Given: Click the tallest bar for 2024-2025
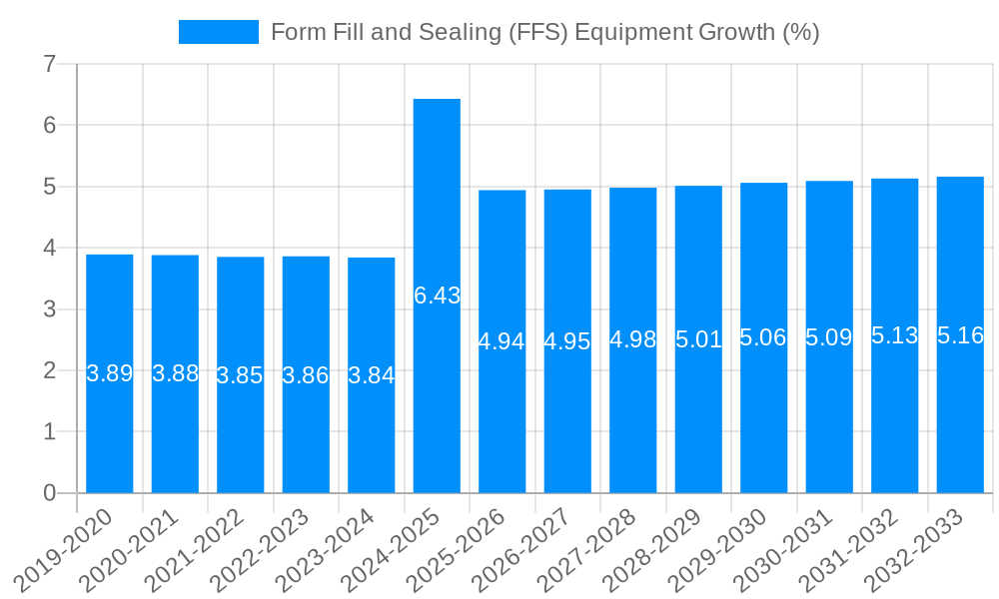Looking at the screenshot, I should point(437,200).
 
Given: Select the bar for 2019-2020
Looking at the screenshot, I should point(110,429).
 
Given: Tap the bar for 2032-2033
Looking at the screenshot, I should point(960,419).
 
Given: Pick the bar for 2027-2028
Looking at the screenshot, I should point(633,419).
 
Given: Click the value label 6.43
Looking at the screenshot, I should point(437,296).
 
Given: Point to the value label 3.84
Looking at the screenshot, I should point(372,376).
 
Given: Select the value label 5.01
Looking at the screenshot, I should point(698,339).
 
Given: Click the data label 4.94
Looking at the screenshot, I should point(501,341).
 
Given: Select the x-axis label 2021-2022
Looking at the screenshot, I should point(204,548).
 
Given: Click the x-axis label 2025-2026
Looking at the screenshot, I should point(466,548).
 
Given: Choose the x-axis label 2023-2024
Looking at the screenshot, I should point(335,548).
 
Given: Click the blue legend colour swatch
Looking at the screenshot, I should point(218,32).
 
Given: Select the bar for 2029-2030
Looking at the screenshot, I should point(764,419).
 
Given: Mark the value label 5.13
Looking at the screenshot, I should point(894,335).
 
